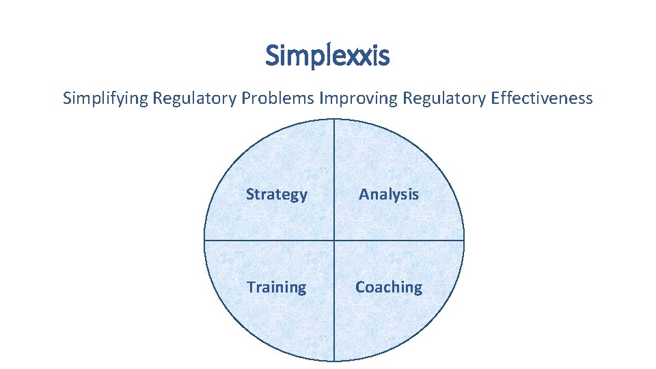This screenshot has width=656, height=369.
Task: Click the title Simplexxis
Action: click(327, 55)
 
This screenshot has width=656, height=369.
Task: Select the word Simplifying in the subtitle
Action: click(105, 98)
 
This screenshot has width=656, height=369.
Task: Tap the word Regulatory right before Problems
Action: click(195, 98)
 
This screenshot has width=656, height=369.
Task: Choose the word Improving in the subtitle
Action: click(358, 98)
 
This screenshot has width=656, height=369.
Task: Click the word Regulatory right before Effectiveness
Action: click(444, 98)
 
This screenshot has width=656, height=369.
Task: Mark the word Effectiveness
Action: click(542, 98)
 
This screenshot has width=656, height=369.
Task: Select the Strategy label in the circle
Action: click(277, 194)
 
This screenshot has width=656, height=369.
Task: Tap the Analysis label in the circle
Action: click(389, 194)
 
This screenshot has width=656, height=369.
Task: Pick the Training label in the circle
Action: click(277, 287)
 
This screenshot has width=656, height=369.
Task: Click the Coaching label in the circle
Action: click(389, 287)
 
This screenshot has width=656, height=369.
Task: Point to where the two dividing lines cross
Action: click(334, 240)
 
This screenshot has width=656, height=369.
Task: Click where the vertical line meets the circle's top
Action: click(334, 120)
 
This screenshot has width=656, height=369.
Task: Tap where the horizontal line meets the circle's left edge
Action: click(205, 240)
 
